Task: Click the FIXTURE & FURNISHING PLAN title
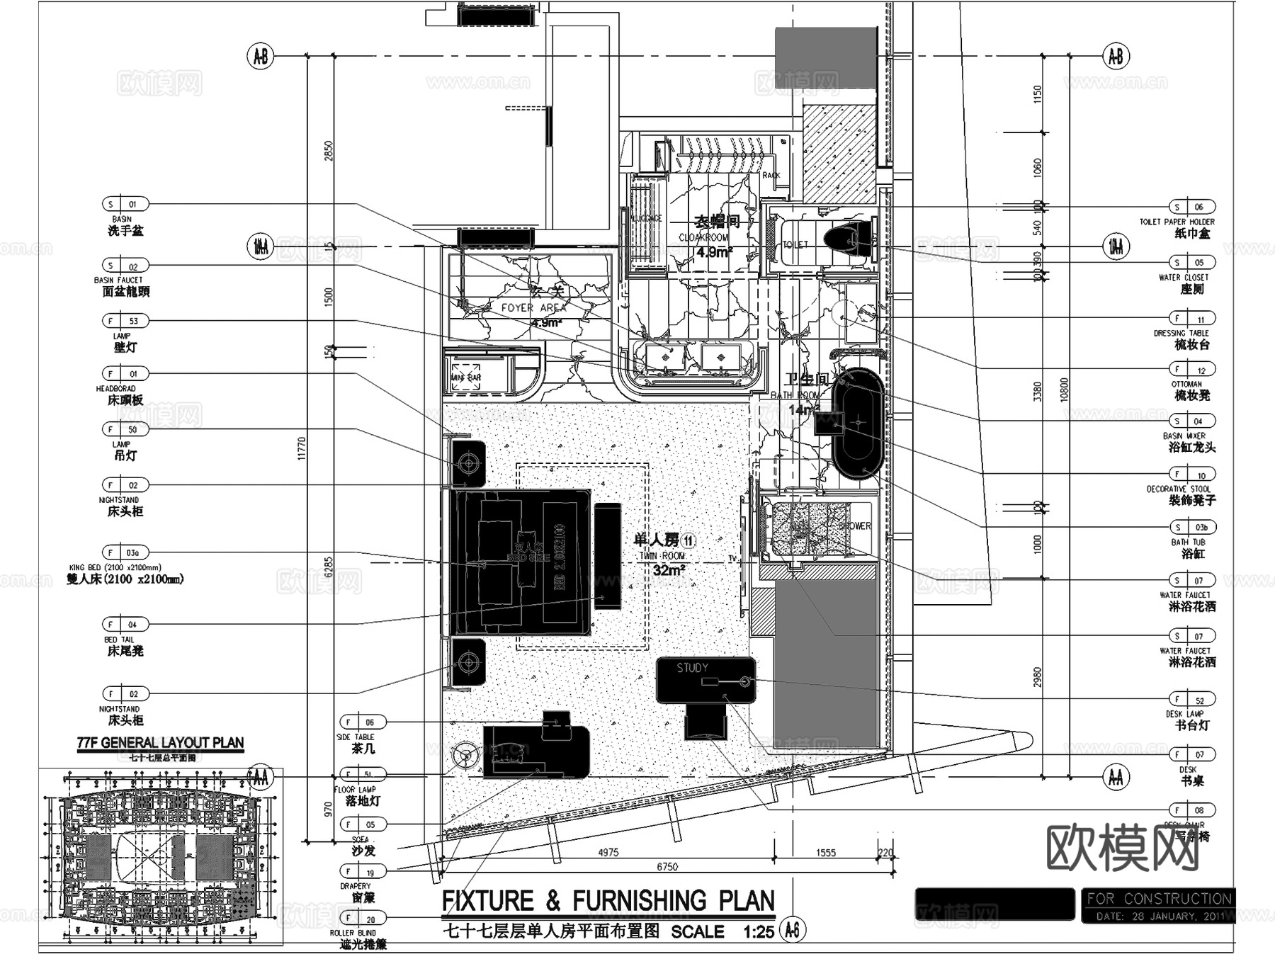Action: coord(608,901)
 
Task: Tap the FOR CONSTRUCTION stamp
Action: coord(1159,899)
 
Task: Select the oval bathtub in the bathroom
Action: coord(858,423)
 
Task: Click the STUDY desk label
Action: coord(692,668)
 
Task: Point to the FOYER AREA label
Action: coord(533,308)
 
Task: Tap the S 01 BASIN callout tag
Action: coord(125,204)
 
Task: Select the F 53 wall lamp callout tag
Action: coord(125,321)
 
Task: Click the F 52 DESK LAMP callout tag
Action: coord(1192,700)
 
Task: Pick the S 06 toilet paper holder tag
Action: coord(1192,207)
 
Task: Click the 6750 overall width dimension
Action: coord(667,866)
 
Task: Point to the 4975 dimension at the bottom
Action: coord(608,852)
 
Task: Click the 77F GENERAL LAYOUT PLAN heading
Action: coord(160,743)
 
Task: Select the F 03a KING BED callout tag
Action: coord(125,552)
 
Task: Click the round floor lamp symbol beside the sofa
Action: coord(465,755)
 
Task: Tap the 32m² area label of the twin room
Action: coord(667,570)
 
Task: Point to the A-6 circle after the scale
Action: coord(792,930)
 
